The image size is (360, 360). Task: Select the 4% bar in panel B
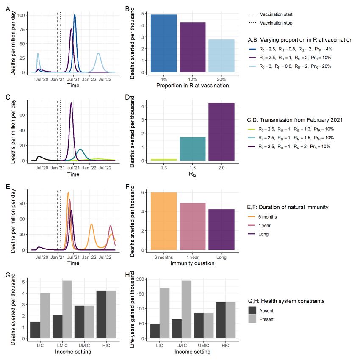coord(163,44)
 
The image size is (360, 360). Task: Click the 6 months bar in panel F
coord(163,221)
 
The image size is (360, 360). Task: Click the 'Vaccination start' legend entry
coord(276,14)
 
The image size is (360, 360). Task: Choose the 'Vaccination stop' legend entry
coord(276,23)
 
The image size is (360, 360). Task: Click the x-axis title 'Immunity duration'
coord(193,263)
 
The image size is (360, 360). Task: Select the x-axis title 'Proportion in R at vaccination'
coord(193,86)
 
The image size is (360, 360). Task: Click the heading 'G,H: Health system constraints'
coord(286,301)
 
